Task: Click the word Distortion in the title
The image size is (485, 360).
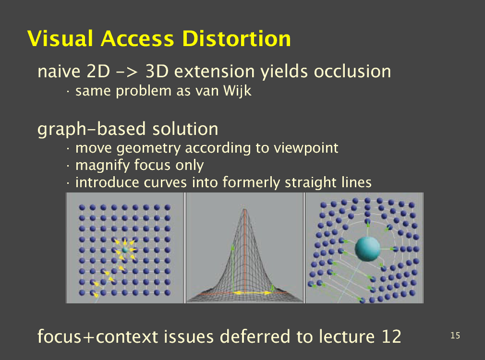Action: (x=236, y=39)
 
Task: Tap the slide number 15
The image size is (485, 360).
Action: (x=455, y=336)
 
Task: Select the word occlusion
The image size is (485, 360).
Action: (x=352, y=72)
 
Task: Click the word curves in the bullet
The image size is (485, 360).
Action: (x=165, y=182)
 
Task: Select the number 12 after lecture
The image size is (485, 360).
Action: (x=391, y=336)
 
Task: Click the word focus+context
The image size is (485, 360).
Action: (x=98, y=337)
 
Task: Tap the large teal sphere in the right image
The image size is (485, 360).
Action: (x=367, y=249)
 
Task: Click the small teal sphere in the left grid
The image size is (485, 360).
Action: (x=125, y=250)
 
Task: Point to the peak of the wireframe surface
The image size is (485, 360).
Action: (x=245, y=210)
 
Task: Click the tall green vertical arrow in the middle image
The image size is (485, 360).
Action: (x=233, y=268)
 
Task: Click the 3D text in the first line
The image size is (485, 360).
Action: (x=157, y=72)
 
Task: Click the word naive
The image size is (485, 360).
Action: (x=59, y=72)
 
